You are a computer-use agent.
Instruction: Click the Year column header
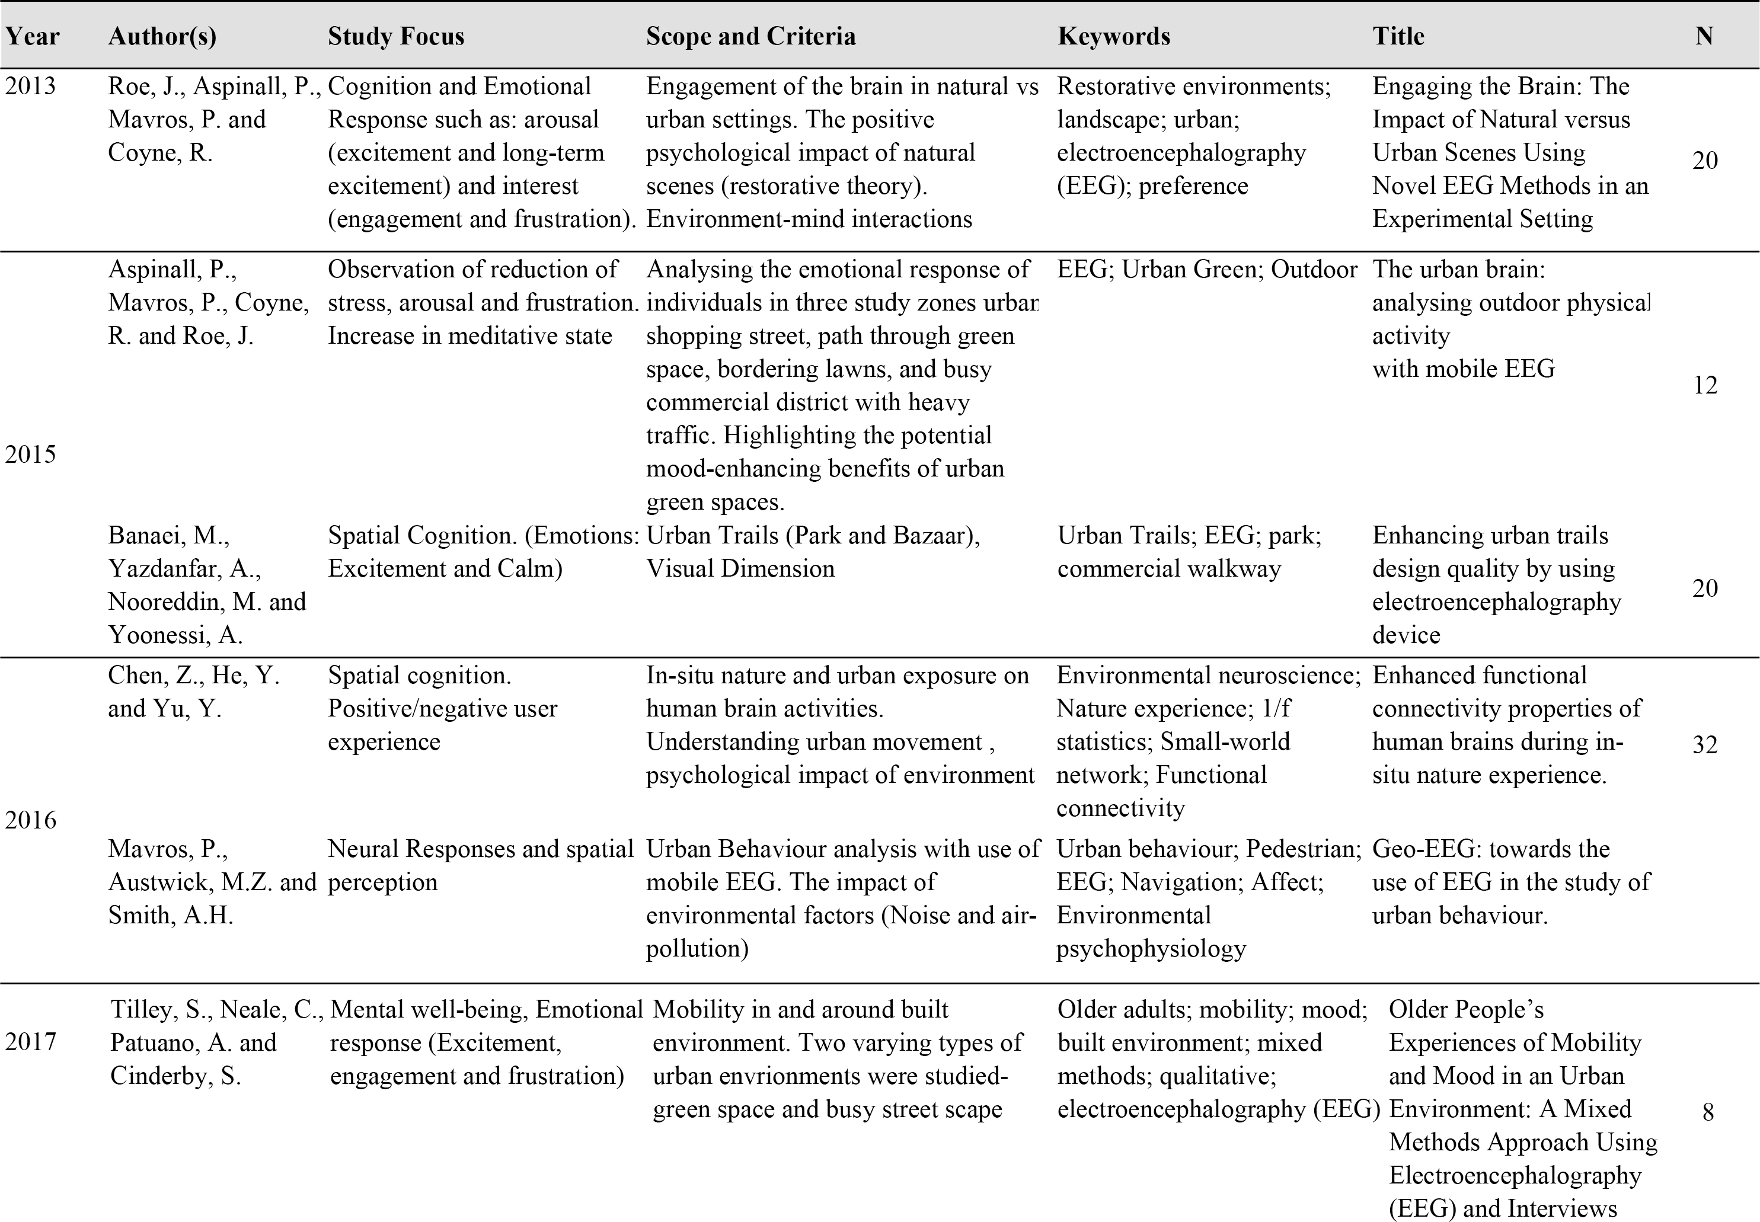tap(32, 37)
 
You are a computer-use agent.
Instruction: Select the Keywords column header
tap(1114, 37)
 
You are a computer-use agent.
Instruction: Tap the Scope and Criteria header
tap(750, 37)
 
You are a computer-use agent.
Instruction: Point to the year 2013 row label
tap(31, 87)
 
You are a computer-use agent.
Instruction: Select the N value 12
tap(1705, 385)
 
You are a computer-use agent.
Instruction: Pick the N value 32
tap(1705, 745)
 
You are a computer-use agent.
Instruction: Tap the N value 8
tap(1707, 1112)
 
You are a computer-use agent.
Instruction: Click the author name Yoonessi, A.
tap(175, 635)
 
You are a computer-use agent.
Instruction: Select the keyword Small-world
tap(1225, 742)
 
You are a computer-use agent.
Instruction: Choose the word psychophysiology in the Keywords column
tap(1151, 949)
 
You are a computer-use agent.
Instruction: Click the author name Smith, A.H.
tap(171, 916)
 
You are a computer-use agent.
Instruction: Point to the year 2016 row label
tap(31, 821)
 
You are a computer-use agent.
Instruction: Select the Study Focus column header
tap(396, 37)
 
